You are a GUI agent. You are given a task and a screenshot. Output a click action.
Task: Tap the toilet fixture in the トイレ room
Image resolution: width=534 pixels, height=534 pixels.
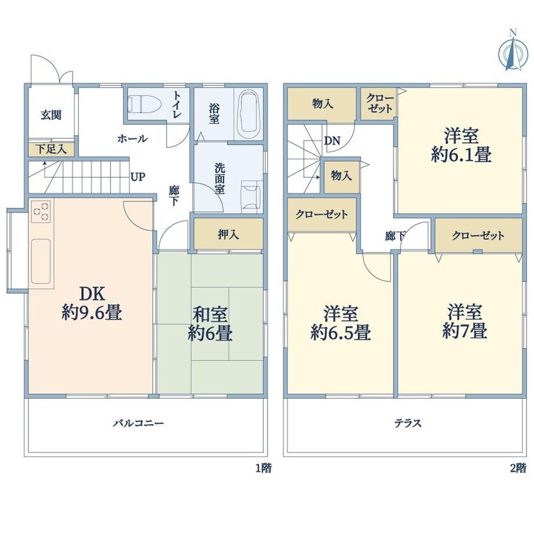[x=145, y=104]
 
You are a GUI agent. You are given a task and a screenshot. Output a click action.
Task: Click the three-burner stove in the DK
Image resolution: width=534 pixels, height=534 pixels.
[x=41, y=211]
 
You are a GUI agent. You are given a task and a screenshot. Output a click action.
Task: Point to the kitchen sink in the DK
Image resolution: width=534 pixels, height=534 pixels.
[x=41, y=261]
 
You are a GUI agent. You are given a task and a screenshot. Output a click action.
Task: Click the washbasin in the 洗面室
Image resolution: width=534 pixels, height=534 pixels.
[x=251, y=197]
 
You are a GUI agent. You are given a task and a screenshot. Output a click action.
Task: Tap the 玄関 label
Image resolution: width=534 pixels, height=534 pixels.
[x=51, y=115]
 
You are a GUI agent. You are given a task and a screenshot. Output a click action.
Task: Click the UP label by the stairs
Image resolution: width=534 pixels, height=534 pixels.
[x=138, y=177]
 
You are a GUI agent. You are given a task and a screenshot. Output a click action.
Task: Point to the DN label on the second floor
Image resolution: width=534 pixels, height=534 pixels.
[x=332, y=140]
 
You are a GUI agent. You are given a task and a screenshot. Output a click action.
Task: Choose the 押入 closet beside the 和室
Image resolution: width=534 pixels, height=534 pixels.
[x=229, y=234]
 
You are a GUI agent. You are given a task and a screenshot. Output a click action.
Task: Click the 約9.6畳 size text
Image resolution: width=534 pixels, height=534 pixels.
[x=92, y=312]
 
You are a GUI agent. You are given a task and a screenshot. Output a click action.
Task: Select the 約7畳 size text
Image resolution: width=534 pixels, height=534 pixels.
[x=465, y=331]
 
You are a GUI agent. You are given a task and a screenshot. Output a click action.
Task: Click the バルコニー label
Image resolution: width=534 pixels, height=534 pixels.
[x=139, y=423]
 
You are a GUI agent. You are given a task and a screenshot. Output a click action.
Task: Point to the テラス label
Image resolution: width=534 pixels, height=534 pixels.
[x=408, y=423]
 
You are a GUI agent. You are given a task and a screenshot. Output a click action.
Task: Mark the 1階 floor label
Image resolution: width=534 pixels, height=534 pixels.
[x=264, y=468]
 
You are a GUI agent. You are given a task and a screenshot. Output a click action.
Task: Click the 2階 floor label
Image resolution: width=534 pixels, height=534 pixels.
[x=518, y=468]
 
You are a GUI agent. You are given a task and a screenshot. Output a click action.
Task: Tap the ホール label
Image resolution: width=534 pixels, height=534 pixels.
[x=132, y=139]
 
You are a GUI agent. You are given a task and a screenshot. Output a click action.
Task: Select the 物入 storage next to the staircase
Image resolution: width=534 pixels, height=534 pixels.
[x=341, y=177]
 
